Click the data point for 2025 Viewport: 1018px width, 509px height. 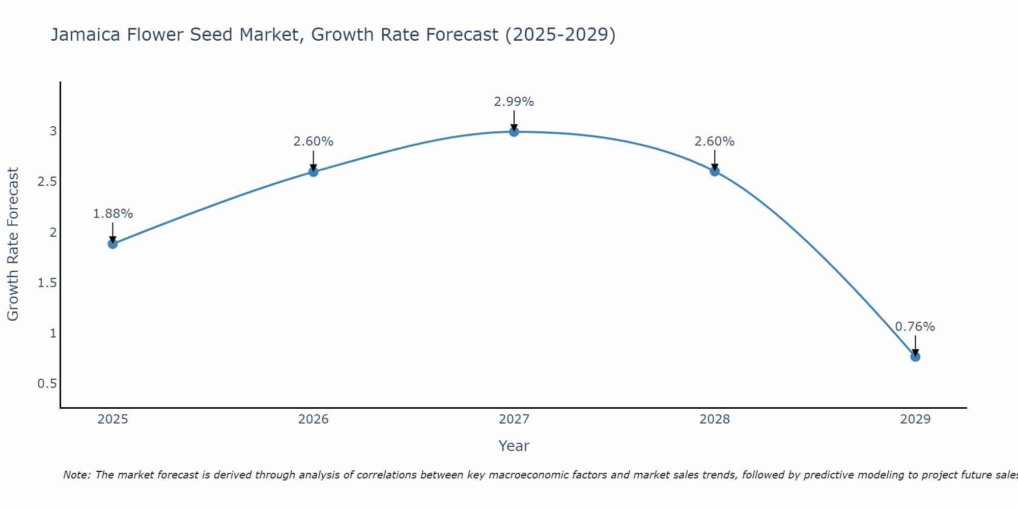click(112, 244)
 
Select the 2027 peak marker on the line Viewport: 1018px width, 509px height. click(514, 132)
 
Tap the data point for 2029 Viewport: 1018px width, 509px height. click(915, 357)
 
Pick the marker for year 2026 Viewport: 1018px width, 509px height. click(314, 172)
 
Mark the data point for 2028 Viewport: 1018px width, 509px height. click(715, 172)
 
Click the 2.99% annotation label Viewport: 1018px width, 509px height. click(514, 102)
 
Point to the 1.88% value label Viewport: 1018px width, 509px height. click(112, 214)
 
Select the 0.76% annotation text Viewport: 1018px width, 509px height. click(915, 327)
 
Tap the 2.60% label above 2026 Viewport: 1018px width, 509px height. click(314, 142)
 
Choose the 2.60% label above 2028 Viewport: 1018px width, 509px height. click(715, 142)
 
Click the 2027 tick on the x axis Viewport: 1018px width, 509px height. click(514, 419)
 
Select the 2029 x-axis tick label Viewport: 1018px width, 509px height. click(915, 419)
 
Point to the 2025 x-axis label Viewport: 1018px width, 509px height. click(112, 419)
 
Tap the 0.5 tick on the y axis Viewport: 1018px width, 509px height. click(47, 384)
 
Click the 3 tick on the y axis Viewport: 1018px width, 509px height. click(53, 131)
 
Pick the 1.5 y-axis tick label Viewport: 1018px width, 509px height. click(47, 283)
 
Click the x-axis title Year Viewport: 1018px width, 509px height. click(514, 446)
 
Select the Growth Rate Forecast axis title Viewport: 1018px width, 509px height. click(13, 244)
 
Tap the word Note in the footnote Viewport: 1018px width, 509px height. click(76, 475)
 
